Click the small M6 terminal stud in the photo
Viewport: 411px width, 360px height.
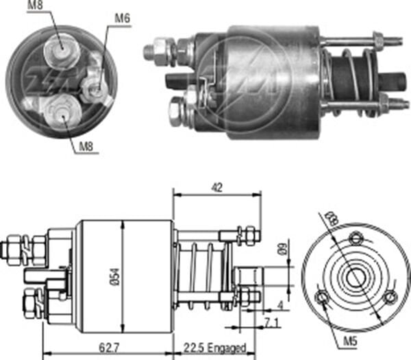(95, 88)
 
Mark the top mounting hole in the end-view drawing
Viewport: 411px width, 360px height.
(356, 239)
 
